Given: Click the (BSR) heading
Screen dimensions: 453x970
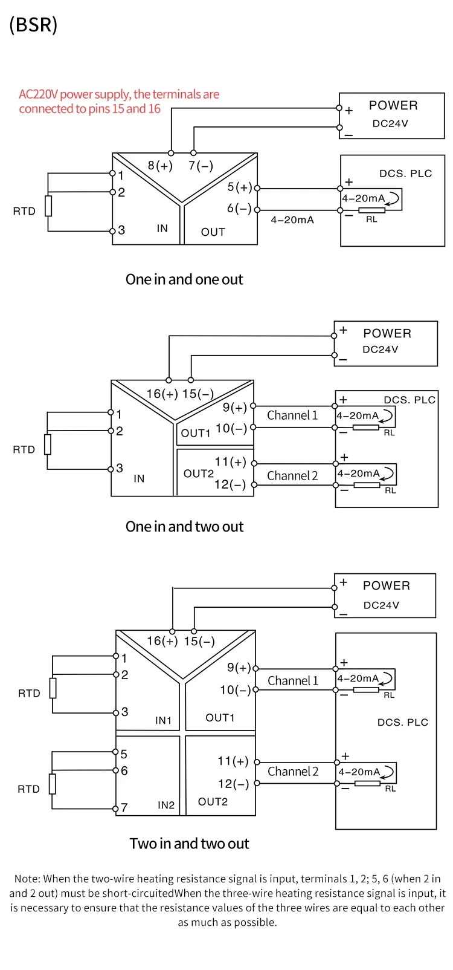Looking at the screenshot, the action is tap(33, 25).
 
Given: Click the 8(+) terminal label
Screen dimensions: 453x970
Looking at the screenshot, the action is tap(160, 166).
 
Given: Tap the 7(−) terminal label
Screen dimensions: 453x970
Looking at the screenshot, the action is tap(201, 166).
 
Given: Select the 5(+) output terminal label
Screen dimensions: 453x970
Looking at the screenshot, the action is tap(240, 187).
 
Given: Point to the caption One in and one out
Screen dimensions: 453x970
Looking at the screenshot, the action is tap(184, 279).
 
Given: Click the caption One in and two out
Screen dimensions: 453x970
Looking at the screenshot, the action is tap(184, 527).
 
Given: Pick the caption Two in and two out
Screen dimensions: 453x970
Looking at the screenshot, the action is tap(189, 844).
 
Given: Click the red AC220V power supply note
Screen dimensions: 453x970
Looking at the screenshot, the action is tap(119, 102).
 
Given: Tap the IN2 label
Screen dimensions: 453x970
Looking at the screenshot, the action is tap(166, 805).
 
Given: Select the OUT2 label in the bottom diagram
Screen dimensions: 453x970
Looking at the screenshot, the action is tap(213, 801).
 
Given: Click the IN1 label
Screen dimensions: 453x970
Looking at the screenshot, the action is tap(164, 720).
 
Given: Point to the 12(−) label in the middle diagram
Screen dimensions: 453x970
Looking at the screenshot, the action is tap(230, 484).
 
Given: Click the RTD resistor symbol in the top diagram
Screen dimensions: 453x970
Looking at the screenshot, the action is tap(48, 206).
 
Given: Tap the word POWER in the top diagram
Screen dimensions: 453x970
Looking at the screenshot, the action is tap(393, 106).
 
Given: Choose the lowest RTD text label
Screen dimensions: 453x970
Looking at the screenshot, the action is tap(28, 789).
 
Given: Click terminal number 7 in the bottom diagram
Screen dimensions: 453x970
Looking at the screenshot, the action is tap(124, 807).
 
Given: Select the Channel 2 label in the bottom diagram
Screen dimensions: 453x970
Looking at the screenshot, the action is tap(293, 771).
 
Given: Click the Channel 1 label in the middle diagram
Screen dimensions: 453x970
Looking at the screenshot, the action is tap(292, 415).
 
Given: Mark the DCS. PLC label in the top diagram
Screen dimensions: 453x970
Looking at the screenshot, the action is tap(406, 174).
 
